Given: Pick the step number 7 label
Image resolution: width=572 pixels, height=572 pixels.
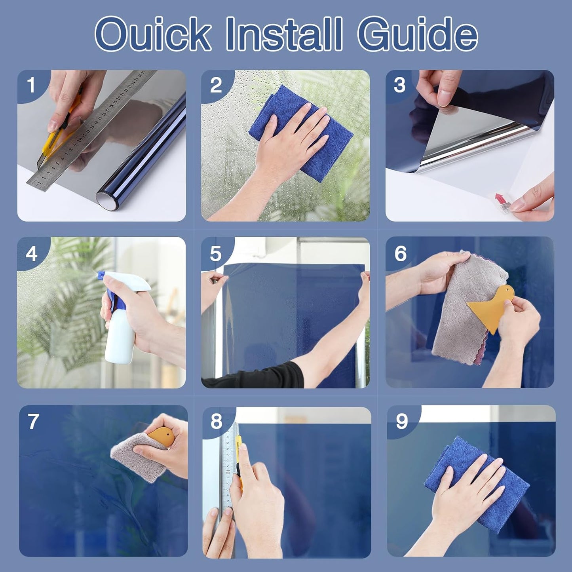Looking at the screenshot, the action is point(33,421).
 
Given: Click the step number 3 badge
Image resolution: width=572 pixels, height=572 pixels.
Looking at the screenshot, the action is point(400,86).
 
